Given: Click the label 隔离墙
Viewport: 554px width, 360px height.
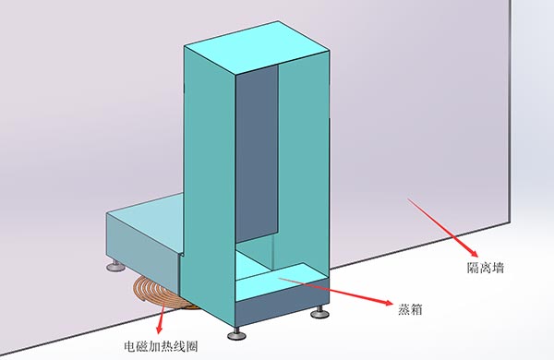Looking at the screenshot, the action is [485, 268].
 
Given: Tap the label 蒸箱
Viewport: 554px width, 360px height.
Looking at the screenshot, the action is [411, 306].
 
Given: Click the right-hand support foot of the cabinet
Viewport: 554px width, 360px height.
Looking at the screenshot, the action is [319, 313].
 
